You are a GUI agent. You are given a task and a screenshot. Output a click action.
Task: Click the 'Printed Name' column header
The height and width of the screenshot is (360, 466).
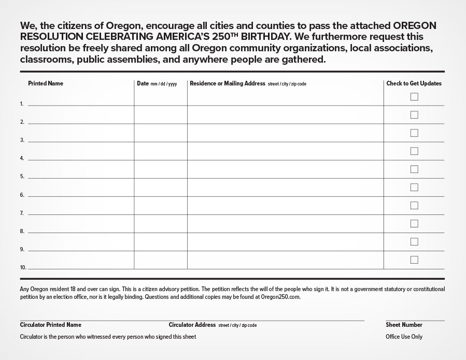[46, 83]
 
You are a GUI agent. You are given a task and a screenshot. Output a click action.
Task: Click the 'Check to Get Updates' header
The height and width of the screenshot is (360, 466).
[414, 83]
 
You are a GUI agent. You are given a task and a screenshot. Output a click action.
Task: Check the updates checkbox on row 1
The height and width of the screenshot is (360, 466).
[414, 97]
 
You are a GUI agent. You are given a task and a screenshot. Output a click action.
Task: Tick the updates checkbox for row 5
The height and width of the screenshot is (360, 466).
[414, 169]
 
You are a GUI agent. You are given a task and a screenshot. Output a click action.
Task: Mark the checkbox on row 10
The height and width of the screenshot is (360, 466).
[414, 260]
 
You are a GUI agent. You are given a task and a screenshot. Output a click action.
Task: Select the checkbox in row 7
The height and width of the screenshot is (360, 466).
[414, 206]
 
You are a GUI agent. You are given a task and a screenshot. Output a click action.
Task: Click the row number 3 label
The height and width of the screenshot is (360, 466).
[22, 140]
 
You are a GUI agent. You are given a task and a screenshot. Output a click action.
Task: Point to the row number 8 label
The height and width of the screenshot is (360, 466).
[22, 232]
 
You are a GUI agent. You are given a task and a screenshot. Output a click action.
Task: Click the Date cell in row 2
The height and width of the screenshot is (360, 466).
[161, 116]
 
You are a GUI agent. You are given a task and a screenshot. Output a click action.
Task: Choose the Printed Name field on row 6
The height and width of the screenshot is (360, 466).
[80, 189]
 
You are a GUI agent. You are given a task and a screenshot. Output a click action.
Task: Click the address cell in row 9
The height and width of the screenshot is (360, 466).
[285, 243]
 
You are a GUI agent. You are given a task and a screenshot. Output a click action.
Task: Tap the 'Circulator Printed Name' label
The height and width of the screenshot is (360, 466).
[51, 325]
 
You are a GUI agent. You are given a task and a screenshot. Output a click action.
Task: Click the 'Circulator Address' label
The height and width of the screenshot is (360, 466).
[192, 325]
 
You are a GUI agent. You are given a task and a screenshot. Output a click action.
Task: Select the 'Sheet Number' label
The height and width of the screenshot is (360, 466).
[404, 325]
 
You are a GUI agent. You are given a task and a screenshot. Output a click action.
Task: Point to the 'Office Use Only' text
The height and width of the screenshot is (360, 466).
[404, 337]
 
